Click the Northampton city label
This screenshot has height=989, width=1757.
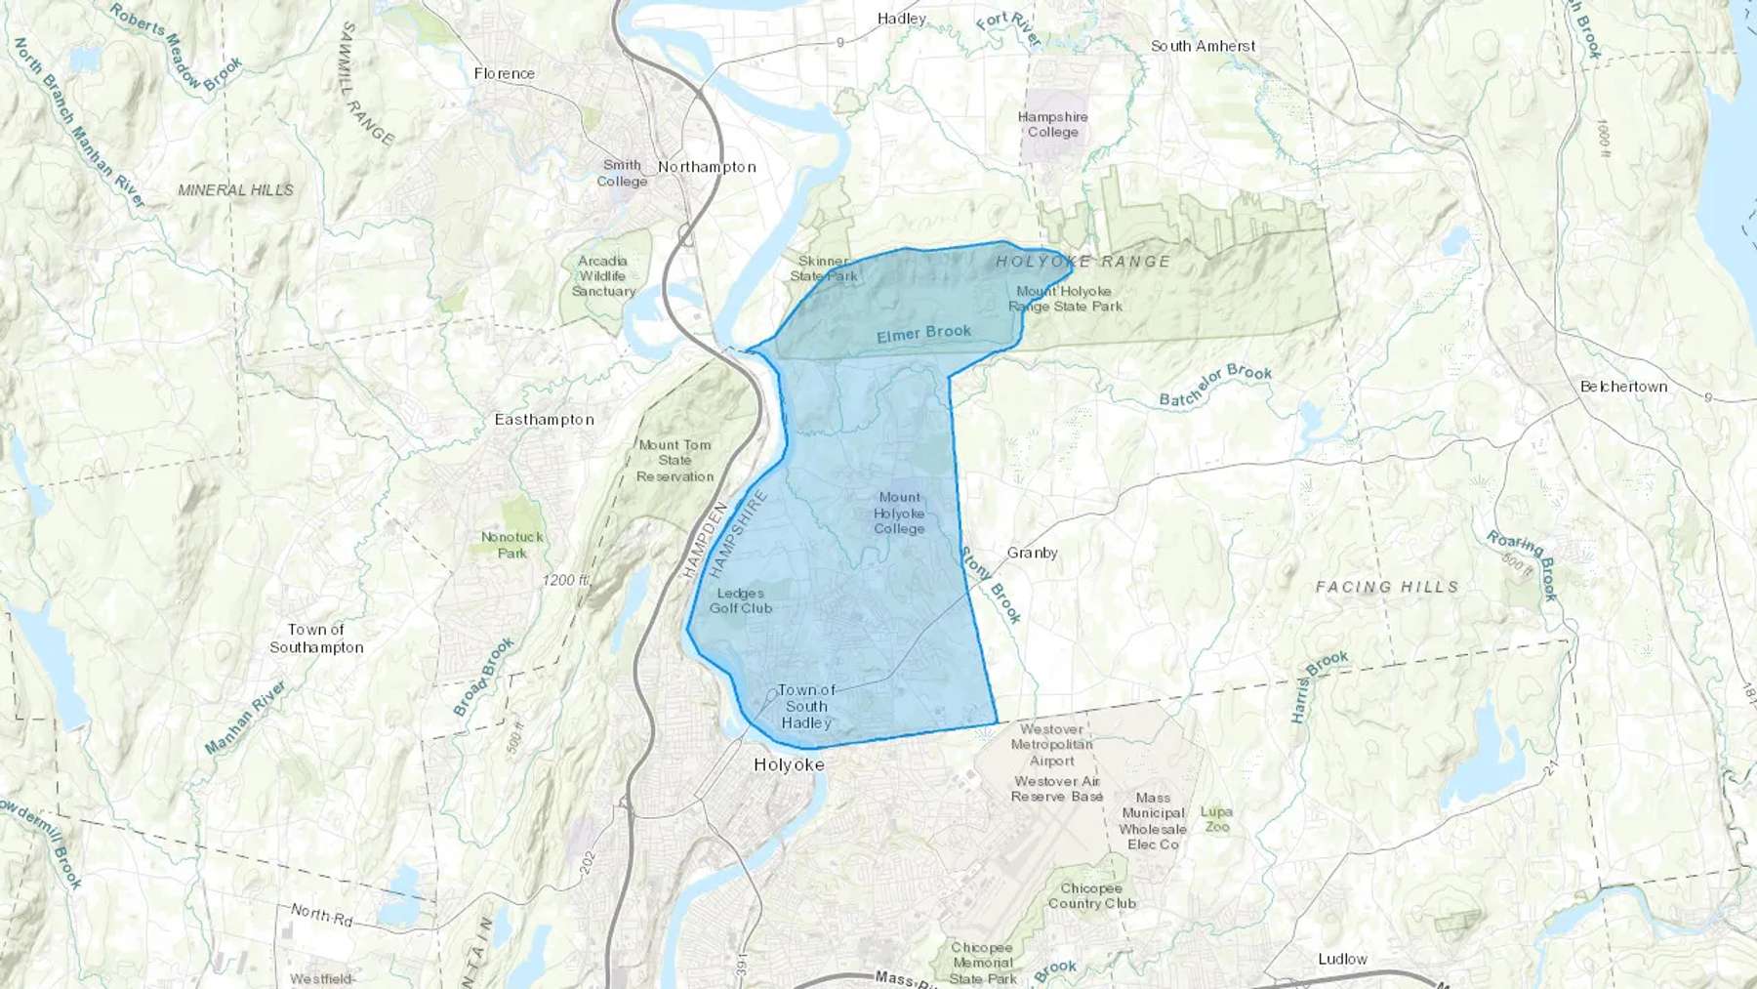pos(707,167)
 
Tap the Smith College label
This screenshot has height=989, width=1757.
pos(622,174)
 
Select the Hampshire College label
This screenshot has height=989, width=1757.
pos(1052,124)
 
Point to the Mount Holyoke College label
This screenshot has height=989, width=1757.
pos(899,514)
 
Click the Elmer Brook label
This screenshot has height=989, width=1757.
pos(923,334)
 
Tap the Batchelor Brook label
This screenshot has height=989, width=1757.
pos(1215,386)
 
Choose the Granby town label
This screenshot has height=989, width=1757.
pos(1032,553)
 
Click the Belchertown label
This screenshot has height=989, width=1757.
pos(1623,387)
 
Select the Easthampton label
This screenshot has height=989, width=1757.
pos(544,420)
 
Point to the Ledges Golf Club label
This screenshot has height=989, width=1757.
pos(741,600)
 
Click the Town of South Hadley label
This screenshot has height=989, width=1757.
pos(806,706)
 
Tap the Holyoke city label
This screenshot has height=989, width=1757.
pos(789,765)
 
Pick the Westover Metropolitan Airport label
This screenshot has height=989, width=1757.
pos(1051,745)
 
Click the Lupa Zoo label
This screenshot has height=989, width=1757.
pos(1216,819)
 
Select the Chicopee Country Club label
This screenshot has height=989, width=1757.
pos(1091,896)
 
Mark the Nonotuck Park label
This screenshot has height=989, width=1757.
pos(511,545)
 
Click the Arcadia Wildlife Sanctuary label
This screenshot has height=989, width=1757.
pos(603,276)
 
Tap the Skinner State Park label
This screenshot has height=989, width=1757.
pos(824,268)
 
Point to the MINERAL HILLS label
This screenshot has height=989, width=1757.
pos(235,190)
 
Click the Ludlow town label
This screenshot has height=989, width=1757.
pos(1342,960)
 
